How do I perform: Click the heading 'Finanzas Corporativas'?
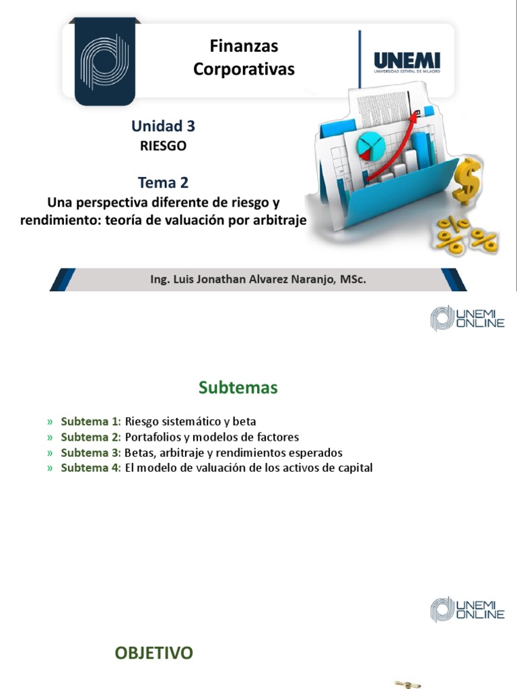(x=244, y=57)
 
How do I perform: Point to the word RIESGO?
(x=163, y=145)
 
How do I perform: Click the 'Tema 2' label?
(x=163, y=182)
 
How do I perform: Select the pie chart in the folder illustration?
(x=368, y=144)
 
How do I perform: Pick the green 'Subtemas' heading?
(x=238, y=388)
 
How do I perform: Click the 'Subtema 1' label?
(x=90, y=422)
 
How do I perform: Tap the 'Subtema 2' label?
(x=90, y=437)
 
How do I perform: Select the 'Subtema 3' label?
(x=90, y=453)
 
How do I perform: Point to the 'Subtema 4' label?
(x=90, y=468)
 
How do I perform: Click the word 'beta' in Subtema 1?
(x=243, y=422)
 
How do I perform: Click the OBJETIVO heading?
(x=153, y=652)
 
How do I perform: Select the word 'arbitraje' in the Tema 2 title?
(x=277, y=221)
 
